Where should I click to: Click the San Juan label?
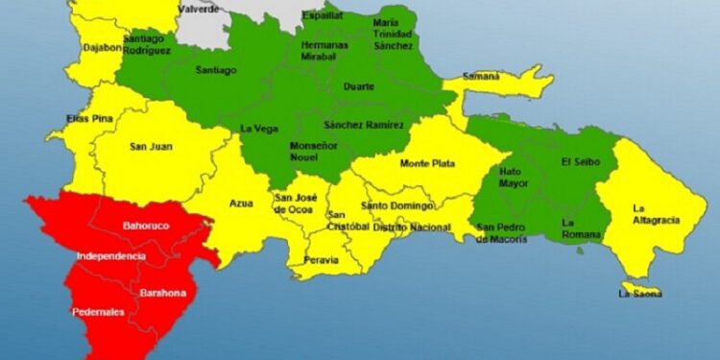coord(150,147)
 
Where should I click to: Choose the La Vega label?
coord(258,128)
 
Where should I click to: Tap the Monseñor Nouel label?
coord(313,150)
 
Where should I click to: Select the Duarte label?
coord(360,86)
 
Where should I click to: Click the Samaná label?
coord(481,76)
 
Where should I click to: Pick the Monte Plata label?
coord(427,163)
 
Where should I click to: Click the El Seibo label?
coord(580,162)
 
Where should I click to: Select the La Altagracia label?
coord(656,214)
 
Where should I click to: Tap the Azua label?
coord(241,203)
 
